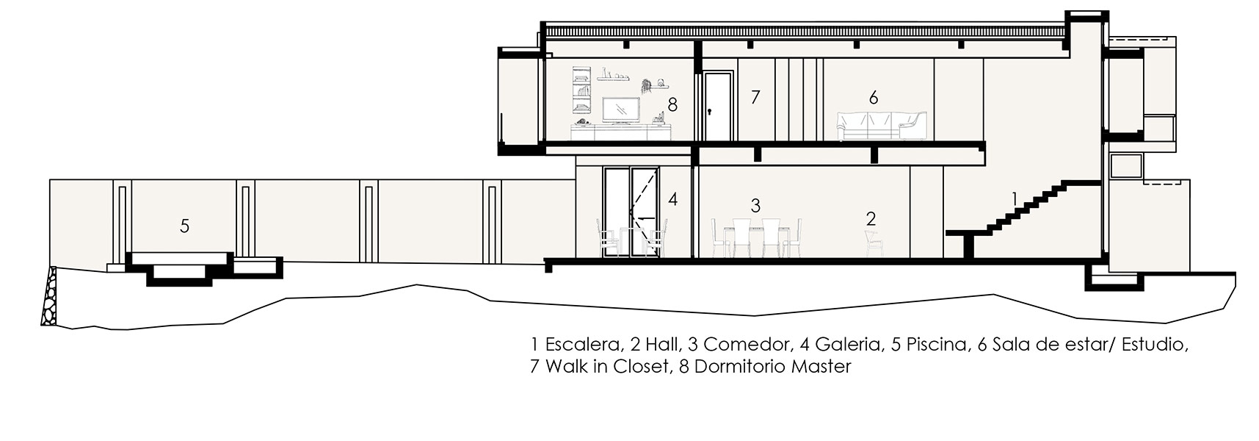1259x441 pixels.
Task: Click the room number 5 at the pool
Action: pyautogui.click(x=184, y=226)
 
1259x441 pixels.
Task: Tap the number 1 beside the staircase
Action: pyautogui.click(x=1015, y=198)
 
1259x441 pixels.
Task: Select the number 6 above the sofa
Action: pyautogui.click(x=873, y=97)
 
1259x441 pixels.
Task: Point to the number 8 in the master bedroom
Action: pyautogui.click(x=672, y=105)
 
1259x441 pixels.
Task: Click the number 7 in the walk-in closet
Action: pyautogui.click(x=755, y=96)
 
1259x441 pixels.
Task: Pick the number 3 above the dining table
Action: pyautogui.click(x=755, y=206)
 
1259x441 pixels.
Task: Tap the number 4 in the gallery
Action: pyautogui.click(x=672, y=198)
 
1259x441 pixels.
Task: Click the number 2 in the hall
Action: pyautogui.click(x=871, y=218)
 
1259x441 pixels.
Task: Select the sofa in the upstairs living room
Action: pyautogui.click(x=883, y=126)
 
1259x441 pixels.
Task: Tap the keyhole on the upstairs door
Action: pyautogui.click(x=710, y=112)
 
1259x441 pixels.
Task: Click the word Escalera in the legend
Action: pyautogui.click(x=582, y=345)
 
